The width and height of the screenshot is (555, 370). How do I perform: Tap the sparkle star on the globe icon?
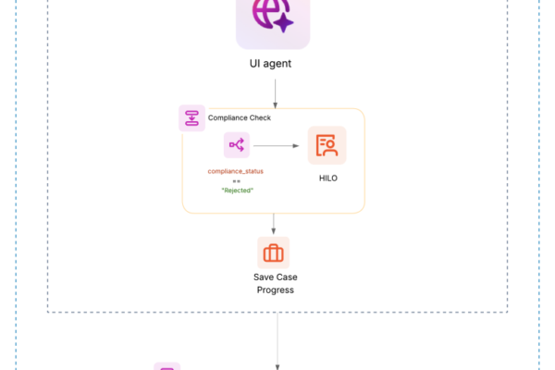283,23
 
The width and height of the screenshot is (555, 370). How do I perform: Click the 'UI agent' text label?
273,64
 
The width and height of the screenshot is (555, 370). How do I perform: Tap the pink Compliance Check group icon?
191,117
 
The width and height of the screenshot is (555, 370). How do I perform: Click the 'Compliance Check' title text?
240,118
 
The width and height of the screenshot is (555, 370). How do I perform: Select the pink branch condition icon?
237,145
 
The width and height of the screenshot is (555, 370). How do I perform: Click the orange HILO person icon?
327,145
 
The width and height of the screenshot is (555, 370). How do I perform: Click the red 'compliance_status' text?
237,171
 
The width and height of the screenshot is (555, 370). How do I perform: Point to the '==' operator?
237,180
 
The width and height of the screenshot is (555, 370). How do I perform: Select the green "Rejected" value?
237,190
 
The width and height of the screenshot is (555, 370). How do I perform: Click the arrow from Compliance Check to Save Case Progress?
273,223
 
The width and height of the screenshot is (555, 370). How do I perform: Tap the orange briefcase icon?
273,253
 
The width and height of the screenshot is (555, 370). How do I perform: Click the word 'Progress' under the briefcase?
274,290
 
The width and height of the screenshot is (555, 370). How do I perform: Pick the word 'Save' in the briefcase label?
263,277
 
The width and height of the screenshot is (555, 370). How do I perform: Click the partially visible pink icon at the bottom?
167,367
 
